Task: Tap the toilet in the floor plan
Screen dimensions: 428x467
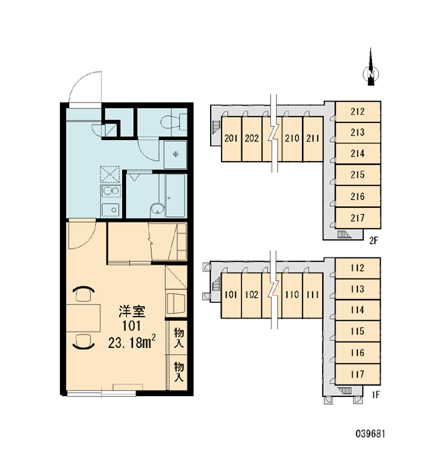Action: coord(174,121)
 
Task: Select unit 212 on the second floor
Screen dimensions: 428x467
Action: coord(358,111)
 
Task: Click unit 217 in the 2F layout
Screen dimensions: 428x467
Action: coord(358,218)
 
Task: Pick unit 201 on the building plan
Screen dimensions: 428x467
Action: coord(231,139)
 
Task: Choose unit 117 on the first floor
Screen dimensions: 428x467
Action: coord(357,374)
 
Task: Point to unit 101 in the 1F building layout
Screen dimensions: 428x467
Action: coord(231,295)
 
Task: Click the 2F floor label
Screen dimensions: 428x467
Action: coord(374,241)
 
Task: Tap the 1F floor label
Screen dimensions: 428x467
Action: coord(376,395)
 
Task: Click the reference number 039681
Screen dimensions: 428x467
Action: coord(370,434)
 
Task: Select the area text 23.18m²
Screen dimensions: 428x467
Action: coord(132,342)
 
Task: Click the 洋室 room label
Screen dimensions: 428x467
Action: coord(132,311)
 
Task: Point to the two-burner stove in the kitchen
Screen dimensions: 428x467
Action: coord(111,191)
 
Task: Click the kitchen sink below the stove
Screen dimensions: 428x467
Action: coord(111,209)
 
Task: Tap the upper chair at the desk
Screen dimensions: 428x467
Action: coord(84,294)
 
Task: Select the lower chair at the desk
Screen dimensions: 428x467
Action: coord(84,342)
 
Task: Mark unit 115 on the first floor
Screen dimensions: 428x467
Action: coord(357,332)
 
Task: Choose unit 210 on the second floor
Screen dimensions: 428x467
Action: coord(292,139)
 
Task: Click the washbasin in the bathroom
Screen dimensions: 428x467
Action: coord(157,209)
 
